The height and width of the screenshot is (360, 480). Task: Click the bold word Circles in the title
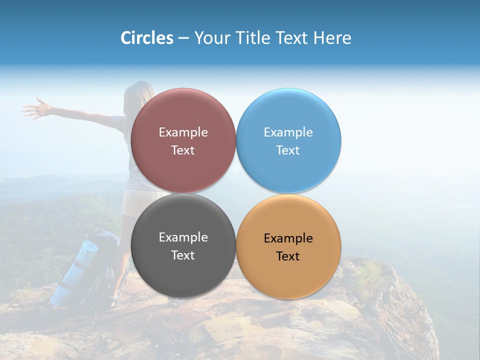[147, 38]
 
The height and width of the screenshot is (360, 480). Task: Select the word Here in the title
[332, 38]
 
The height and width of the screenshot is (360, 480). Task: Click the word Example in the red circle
[183, 132]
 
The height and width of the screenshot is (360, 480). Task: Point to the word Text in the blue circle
[288, 150]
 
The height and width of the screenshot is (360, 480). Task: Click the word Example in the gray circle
[183, 237]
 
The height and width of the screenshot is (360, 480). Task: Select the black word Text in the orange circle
[288, 256]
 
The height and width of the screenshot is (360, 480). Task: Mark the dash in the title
[183, 38]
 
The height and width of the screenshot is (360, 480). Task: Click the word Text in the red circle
[183, 150]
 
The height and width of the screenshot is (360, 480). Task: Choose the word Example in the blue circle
[288, 132]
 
